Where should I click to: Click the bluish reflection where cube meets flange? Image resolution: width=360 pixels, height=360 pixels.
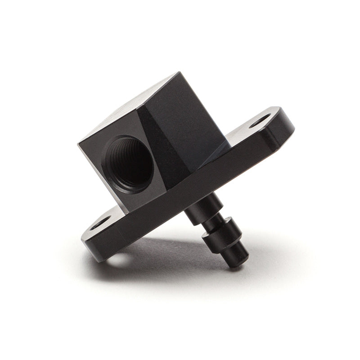220,148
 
